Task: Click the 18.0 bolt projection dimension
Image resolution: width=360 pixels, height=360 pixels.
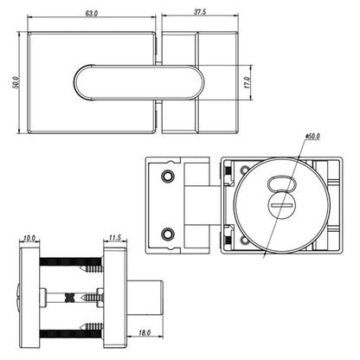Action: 144,331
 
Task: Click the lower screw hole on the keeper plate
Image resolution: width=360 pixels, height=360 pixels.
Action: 168,232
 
